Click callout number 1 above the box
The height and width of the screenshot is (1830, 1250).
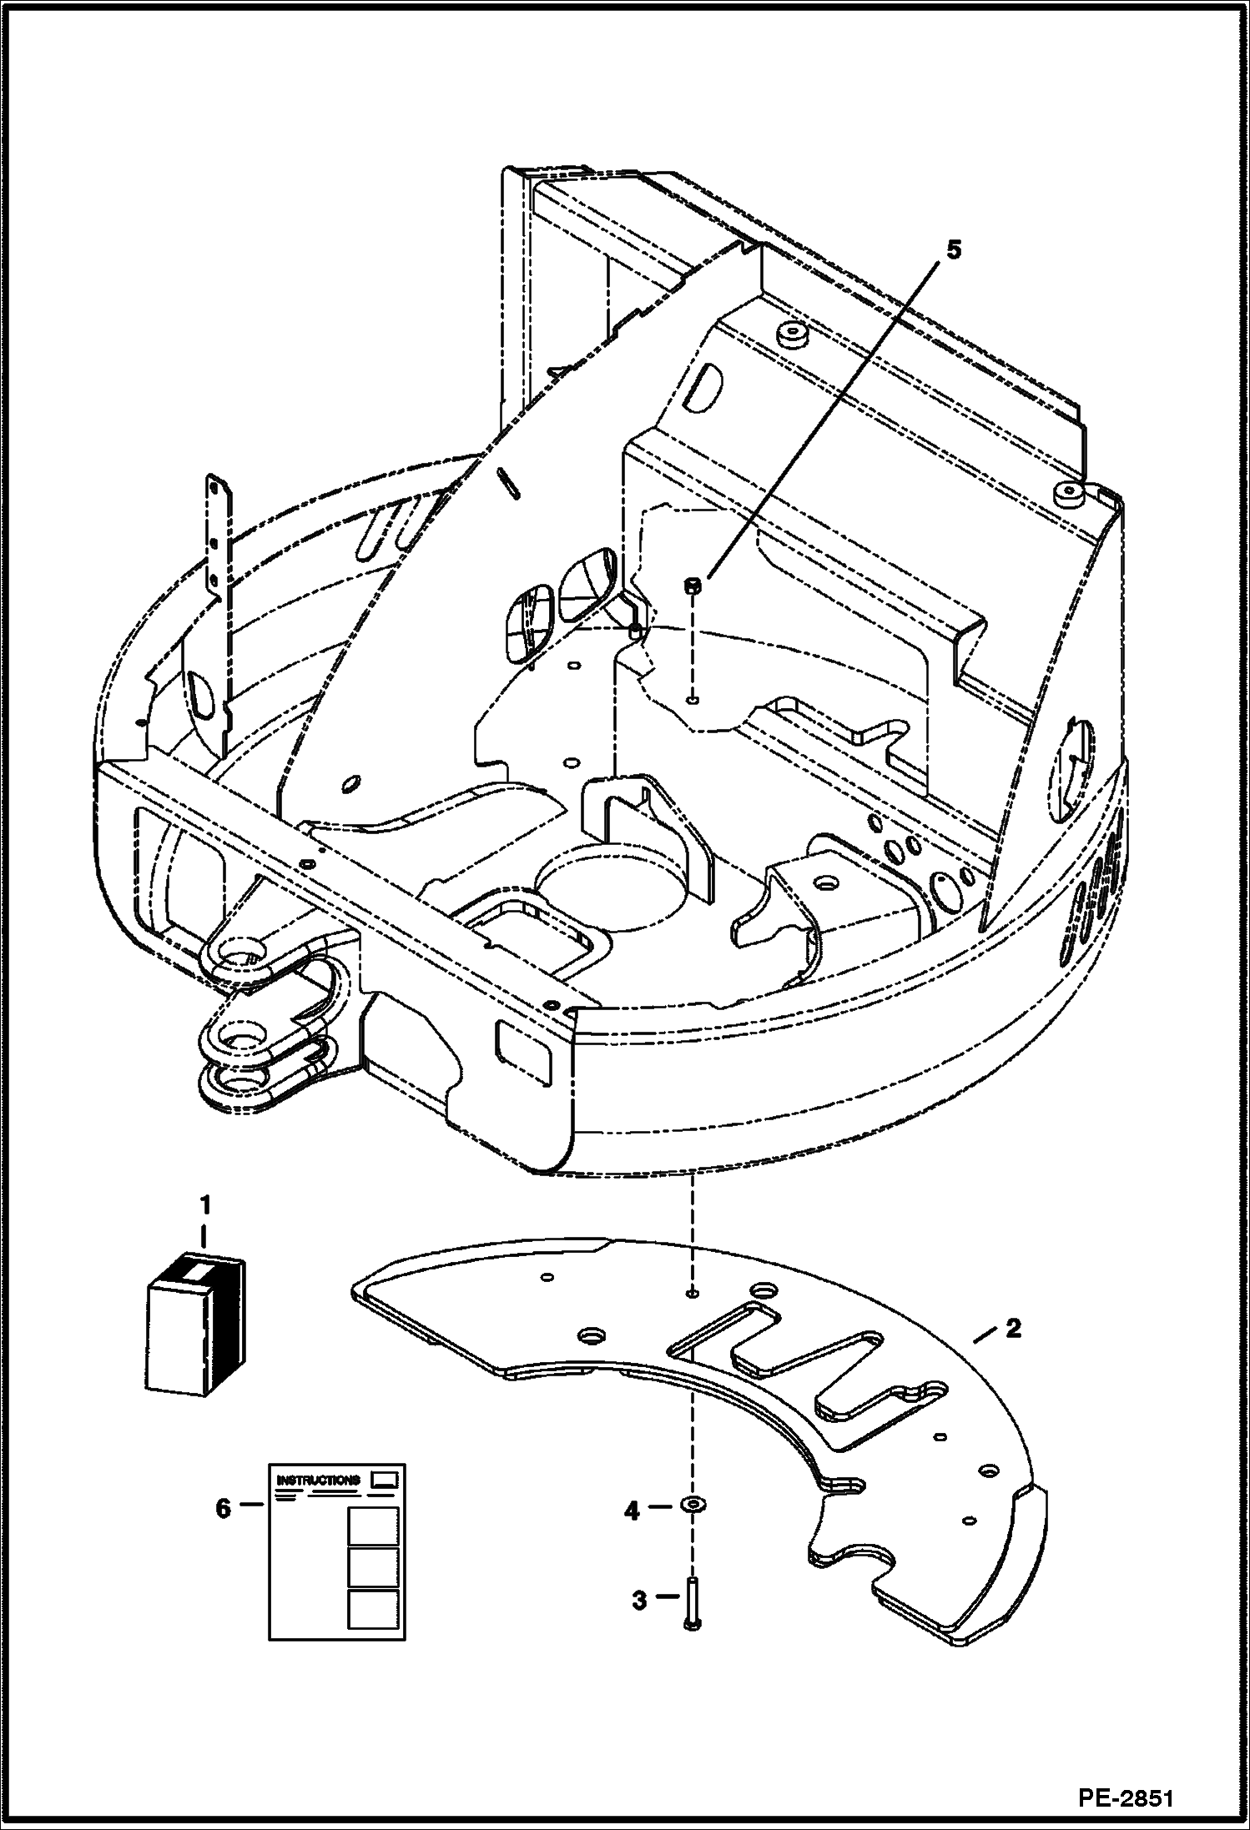click(x=204, y=1205)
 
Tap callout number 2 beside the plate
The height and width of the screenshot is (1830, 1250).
click(x=1012, y=1328)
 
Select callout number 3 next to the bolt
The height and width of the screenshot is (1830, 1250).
click(x=639, y=1601)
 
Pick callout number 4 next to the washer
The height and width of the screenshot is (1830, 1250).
click(x=633, y=1510)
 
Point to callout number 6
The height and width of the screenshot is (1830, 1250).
click(x=223, y=1508)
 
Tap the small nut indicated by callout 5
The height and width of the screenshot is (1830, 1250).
click(x=693, y=586)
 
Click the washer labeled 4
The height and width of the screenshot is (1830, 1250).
click(x=693, y=1503)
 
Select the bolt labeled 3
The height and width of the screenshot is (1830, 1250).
click(x=693, y=1603)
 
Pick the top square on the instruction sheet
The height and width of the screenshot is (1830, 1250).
click(x=372, y=1526)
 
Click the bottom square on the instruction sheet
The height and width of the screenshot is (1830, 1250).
click(x=372, y=1609)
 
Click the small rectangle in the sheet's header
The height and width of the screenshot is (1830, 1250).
click(x=385, y=1478)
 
